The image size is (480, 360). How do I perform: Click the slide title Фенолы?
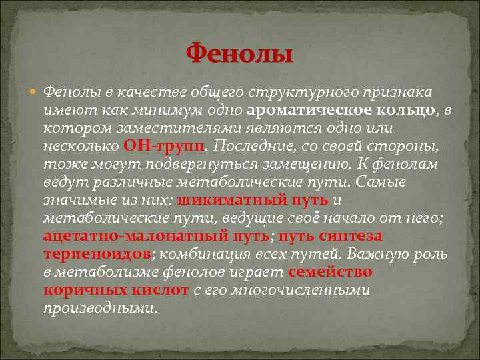[239, 53]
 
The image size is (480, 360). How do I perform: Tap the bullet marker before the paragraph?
[34, 91]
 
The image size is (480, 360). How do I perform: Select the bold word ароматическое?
[303, 109]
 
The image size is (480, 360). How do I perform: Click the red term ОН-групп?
[165, 145]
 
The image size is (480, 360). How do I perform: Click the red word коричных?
[83, 291]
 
